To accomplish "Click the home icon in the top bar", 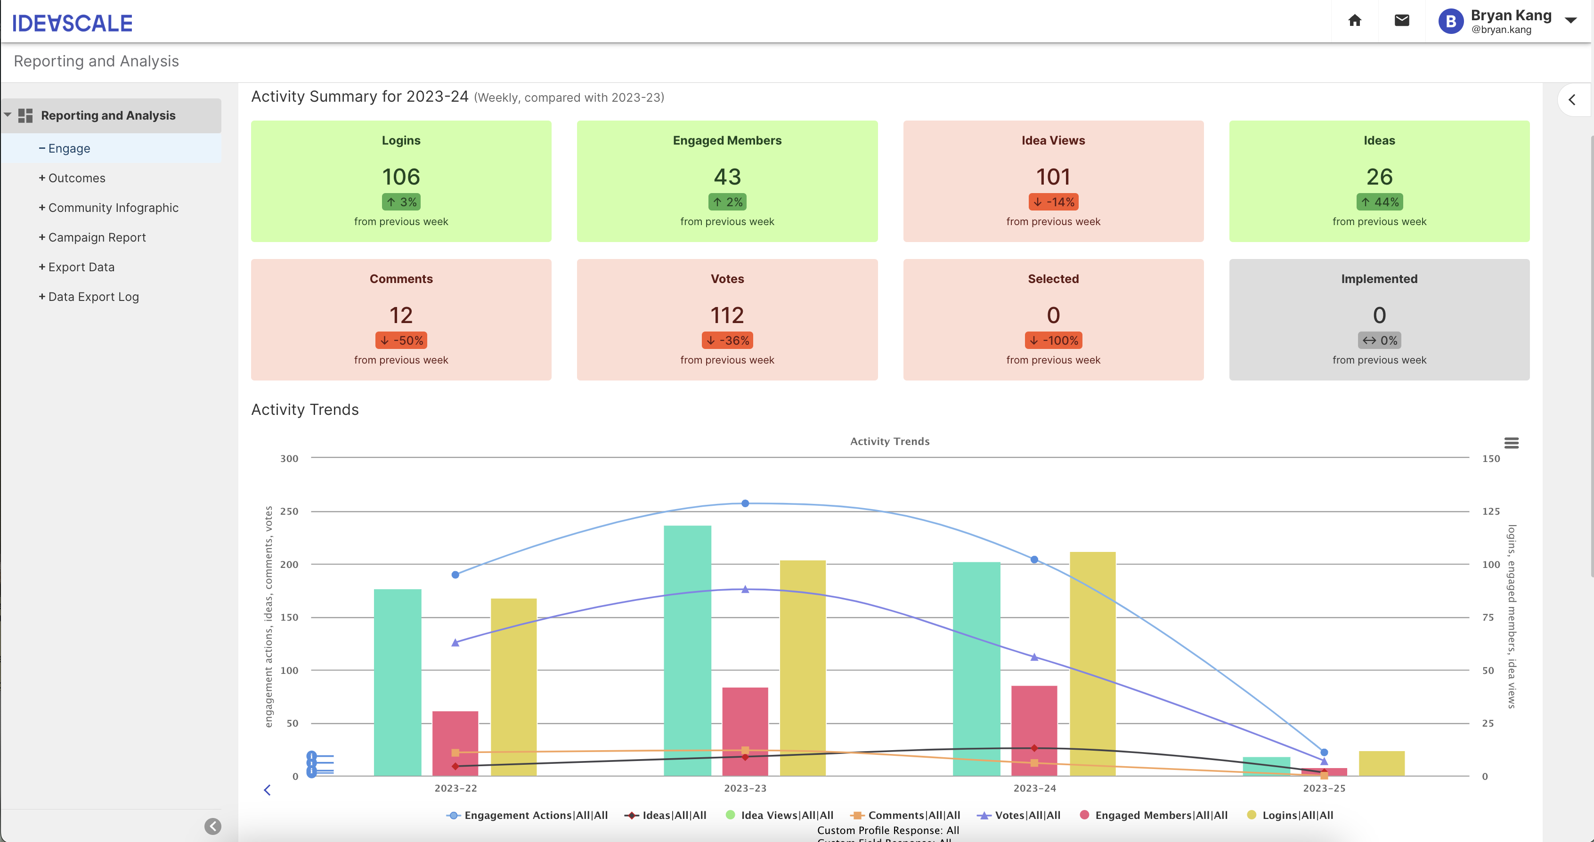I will click(x=1355, y=21).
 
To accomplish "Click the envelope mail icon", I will click(x=1401, y=21).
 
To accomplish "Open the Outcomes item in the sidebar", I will click(x=76, y=178).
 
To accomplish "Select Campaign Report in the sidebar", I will click(x=97, y=237).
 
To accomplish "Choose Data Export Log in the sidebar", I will click(x=93, y=297).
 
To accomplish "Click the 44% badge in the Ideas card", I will click(x=1379, y=202).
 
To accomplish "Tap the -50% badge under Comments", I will click(x=401, y=341).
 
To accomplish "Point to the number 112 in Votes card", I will click(x=727, y=316).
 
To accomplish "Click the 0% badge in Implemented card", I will click(x=1379, y=341).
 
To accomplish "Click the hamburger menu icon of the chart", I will click(x=1511, y=443).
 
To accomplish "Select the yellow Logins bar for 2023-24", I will click(x=1092, y=662).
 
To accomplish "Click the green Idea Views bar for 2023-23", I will click(x=687, y=649).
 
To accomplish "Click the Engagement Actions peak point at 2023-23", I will click(x=745, y=503).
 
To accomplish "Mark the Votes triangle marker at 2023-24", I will click(x=1034, y=657).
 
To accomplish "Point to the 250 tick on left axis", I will click(x=289, y=511).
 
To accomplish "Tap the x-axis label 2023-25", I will click(x=1324, y=788).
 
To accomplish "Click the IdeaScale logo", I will click(x=72, y=24).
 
